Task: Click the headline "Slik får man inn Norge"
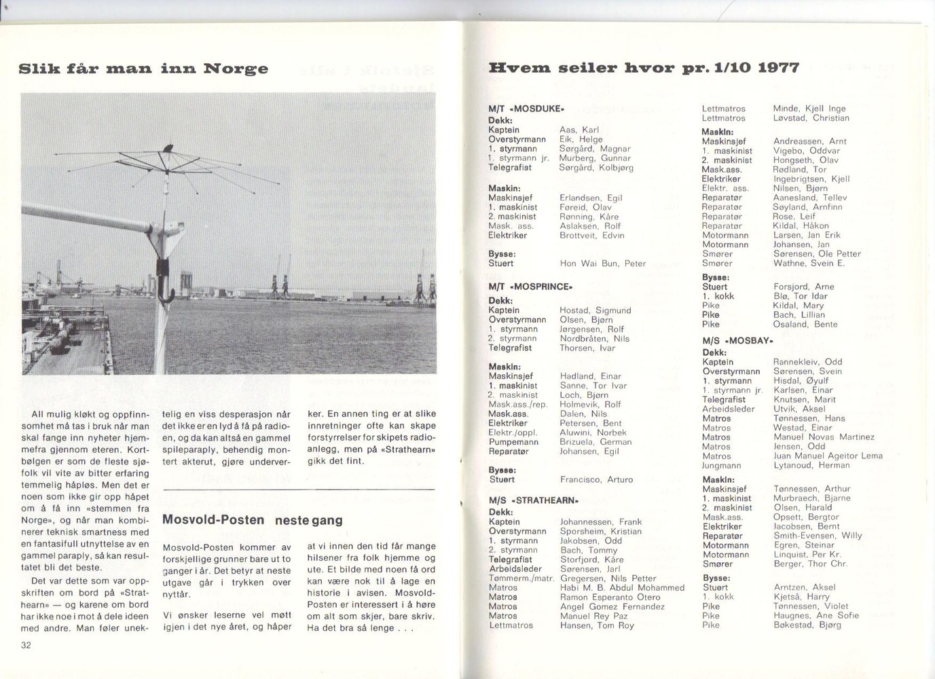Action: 143,69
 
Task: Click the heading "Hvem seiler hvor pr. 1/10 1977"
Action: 644,68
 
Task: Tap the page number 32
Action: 26,645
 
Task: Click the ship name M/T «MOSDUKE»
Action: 526,108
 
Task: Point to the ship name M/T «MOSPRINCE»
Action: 530,287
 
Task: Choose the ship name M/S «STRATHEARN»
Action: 533,500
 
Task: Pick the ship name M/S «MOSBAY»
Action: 737,341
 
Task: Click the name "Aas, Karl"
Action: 579,130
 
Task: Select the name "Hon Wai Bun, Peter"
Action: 602,263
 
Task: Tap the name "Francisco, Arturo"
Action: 596,479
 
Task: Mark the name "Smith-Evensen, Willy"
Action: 818,536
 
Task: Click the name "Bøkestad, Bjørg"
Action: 807,625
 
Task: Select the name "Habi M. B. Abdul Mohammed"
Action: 622,588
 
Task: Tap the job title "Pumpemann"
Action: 513,442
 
